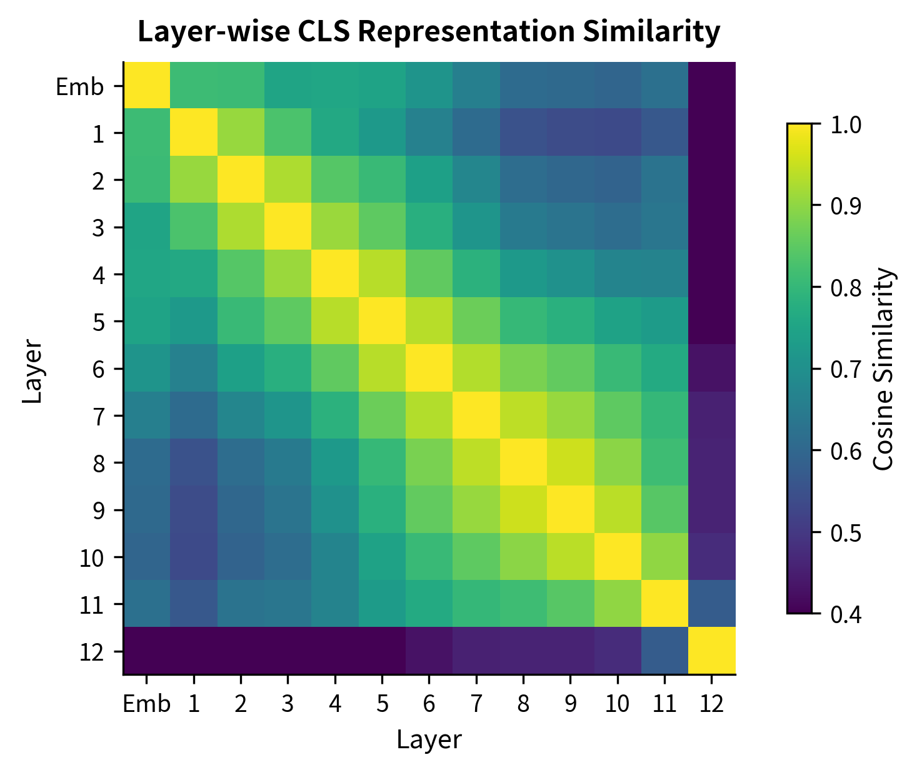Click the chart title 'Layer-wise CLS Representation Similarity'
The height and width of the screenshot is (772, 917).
click(x=429, y=32)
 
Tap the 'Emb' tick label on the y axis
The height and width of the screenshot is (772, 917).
click(x=79, y=86)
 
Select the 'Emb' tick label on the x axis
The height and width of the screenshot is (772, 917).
click(x=146, y=704)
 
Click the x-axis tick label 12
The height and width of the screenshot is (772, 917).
click(x=711, y=704)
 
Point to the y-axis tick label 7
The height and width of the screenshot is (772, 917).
click(x=98, y=416)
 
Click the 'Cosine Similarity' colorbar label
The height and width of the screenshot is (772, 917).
click(x=883, y=369)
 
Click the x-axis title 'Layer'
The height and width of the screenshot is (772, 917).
click(x=429, y=740)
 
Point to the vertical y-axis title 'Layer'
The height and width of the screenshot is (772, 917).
click(x=32, y=369)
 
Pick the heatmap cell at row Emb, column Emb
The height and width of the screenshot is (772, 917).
click(x=147, y=86)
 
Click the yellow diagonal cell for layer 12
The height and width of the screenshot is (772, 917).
click(x=711, y=651)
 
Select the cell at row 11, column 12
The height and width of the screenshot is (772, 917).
click(x=711, y=604)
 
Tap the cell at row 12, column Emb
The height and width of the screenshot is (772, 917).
click(x=147, y=651)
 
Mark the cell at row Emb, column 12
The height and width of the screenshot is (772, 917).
click(x=711, y=86)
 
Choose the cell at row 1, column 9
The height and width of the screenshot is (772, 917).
click(x=570, y=133)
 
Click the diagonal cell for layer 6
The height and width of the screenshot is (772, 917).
click(x=429, y=368)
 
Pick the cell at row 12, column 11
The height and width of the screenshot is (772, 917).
click(x=664, y=651)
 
